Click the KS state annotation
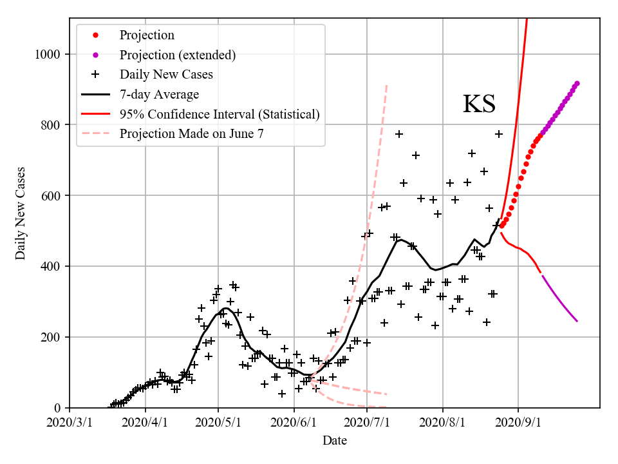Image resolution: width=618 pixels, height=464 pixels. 479,104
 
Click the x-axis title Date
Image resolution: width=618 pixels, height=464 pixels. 335,441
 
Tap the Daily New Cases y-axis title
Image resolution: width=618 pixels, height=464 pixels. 21,214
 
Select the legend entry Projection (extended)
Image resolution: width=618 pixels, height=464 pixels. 177,55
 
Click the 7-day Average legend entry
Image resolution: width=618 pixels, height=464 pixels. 159,95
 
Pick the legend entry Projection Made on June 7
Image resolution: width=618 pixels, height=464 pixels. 191,134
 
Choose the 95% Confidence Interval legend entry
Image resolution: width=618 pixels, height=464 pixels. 220,115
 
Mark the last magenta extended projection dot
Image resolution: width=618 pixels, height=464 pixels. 577,83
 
